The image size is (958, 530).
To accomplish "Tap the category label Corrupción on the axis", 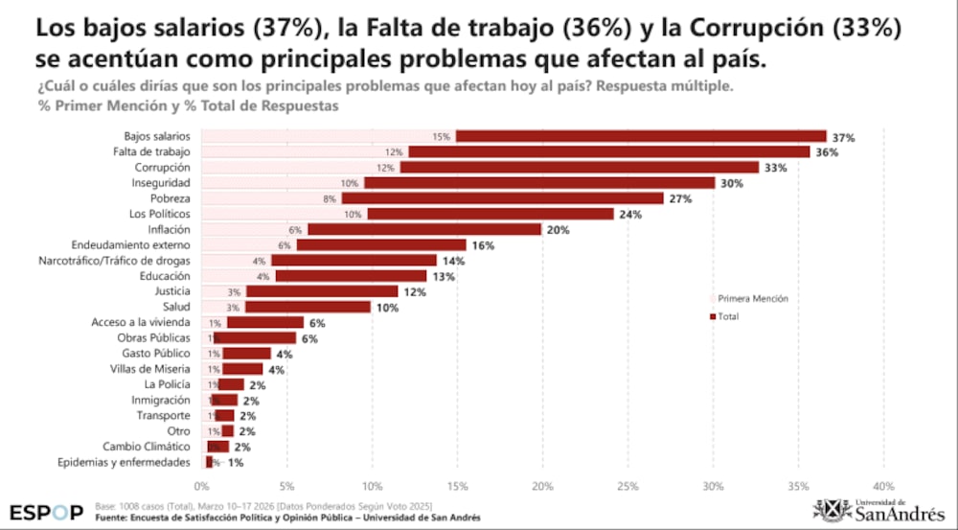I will pos(163,167).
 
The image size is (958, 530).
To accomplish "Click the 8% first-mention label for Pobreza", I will pos(330,198).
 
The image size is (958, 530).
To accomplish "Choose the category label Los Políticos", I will pos(160,214).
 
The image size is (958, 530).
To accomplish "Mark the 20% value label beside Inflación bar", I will pos(558,230).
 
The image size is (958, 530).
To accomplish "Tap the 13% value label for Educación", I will pos(443,277).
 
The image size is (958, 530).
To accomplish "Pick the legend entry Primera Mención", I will pos(752,299).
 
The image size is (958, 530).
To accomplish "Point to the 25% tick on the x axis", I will pos(627,485).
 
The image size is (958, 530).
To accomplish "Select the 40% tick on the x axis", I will pos(882,485).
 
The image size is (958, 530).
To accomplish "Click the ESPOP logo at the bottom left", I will pos(46,512).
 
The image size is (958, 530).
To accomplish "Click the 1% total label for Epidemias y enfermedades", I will pos(236,463).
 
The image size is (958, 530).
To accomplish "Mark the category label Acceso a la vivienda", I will pos(140,323).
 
